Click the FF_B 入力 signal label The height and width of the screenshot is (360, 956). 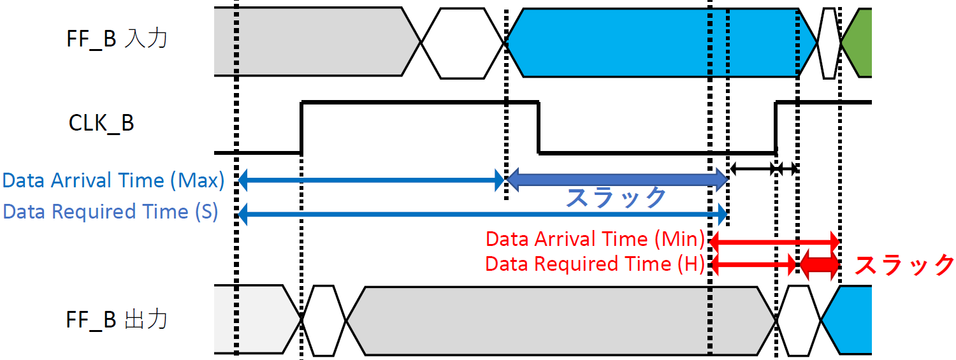[117, 40]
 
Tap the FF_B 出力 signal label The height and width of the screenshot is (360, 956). [117, 319]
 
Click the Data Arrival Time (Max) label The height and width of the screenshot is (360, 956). [113, 181]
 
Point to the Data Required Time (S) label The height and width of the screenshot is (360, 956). [110, 212]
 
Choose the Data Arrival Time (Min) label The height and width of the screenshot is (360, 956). [595, 240]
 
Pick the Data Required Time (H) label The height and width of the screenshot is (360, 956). [595, 264]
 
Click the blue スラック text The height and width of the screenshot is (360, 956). [616, 198]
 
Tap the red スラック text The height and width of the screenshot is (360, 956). [904, 264]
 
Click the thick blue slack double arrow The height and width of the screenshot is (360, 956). [616, 181]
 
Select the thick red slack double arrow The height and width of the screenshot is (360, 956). [820, 264]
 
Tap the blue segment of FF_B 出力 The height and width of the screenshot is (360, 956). [851, 320]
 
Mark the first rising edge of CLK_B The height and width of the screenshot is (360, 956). [301, 127]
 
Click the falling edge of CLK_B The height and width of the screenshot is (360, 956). [539, 127]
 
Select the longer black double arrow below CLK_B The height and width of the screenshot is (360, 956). [752, 169]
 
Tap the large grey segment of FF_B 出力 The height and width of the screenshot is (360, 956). [561, 320]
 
